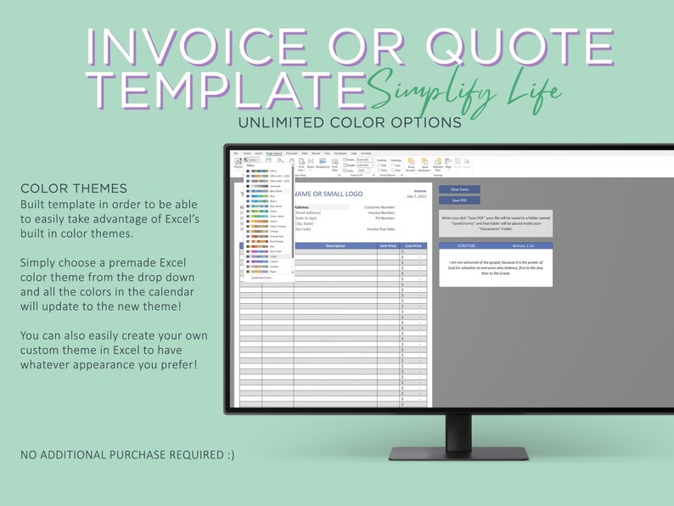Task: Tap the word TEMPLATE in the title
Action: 222,87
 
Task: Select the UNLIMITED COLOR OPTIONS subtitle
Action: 350,121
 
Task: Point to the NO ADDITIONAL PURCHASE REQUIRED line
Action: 127,455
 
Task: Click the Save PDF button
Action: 458,200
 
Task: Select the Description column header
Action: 335,246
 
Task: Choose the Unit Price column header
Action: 389,246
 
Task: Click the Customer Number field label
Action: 379,206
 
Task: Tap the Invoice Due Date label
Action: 380,229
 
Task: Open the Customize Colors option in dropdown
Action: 262,278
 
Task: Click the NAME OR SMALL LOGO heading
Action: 326,194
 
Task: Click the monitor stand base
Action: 458,453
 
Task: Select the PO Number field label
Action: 384,218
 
